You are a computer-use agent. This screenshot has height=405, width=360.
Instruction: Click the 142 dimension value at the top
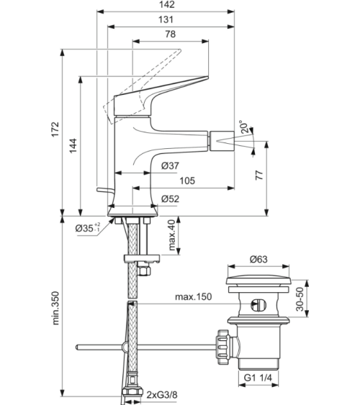pos(167,4)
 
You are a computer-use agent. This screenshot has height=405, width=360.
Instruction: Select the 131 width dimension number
pos(166,19)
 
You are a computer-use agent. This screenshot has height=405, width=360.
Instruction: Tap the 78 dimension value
pos(170,34)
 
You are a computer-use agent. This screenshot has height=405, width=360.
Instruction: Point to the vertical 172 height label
pos(55,129)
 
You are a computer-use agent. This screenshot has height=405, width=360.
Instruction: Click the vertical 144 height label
pos(73,146)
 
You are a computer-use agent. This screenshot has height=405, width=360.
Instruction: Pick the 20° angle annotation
pos(244,127)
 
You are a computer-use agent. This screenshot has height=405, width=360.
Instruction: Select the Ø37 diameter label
pos(171,165)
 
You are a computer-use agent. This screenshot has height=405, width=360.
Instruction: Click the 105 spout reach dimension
pos(187,181)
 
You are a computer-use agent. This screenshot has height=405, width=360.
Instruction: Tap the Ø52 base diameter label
pos(171,199)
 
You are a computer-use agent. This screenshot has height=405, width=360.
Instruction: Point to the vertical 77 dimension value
pos(259,175)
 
